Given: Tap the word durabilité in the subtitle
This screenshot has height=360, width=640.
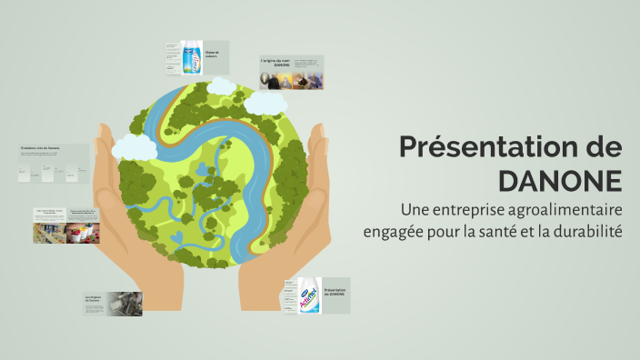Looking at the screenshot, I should pyautogui.click(x=587, y=231).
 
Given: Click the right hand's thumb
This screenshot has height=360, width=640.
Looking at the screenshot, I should pyautogui.click(x=317, y=145).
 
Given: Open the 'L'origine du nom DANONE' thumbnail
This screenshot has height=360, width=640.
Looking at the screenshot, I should pyautogui.click(x=291, y=74).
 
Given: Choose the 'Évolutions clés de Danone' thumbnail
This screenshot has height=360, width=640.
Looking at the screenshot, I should pyautogui.click(x=53, y=164).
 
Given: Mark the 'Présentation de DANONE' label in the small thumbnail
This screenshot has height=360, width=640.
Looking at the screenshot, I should pyautogui.click(x=335, y=292).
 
